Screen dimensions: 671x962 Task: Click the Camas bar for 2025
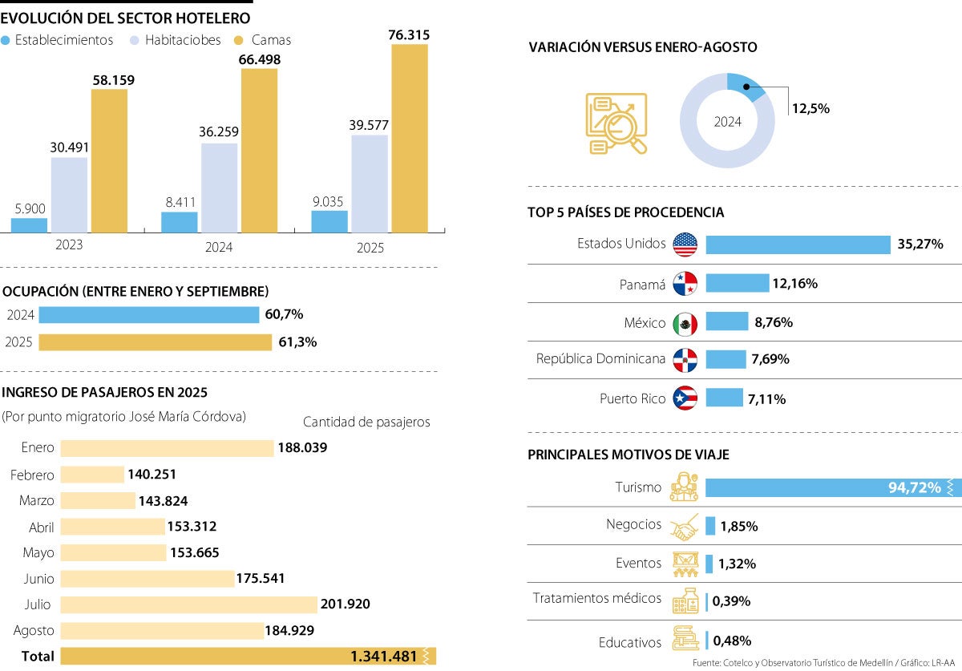[x=409, y=139]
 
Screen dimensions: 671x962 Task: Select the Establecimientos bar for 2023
[x=29, y=225]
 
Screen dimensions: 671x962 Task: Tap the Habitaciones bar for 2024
[x=219, y=188]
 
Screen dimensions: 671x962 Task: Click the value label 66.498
[x=259, y=59]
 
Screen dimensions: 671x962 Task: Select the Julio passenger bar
[x=189, y=604]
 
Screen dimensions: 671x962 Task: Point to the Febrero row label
[x=32, y=475]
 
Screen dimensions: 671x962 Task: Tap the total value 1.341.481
[x=383, y=657]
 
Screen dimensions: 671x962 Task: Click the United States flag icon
[x=685, y=245]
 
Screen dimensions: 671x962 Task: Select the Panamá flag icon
[x=685, y=284]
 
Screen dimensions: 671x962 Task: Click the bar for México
[x=726, y=322]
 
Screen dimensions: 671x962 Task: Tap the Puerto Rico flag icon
[x=685, y=398]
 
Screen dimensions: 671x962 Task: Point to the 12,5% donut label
[x=810, y=108]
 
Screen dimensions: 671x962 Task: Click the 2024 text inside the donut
[x=727, y=122]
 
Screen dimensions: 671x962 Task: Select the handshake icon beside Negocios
[x=684, y=527]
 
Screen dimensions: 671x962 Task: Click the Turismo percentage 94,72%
[x=914, y=487]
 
